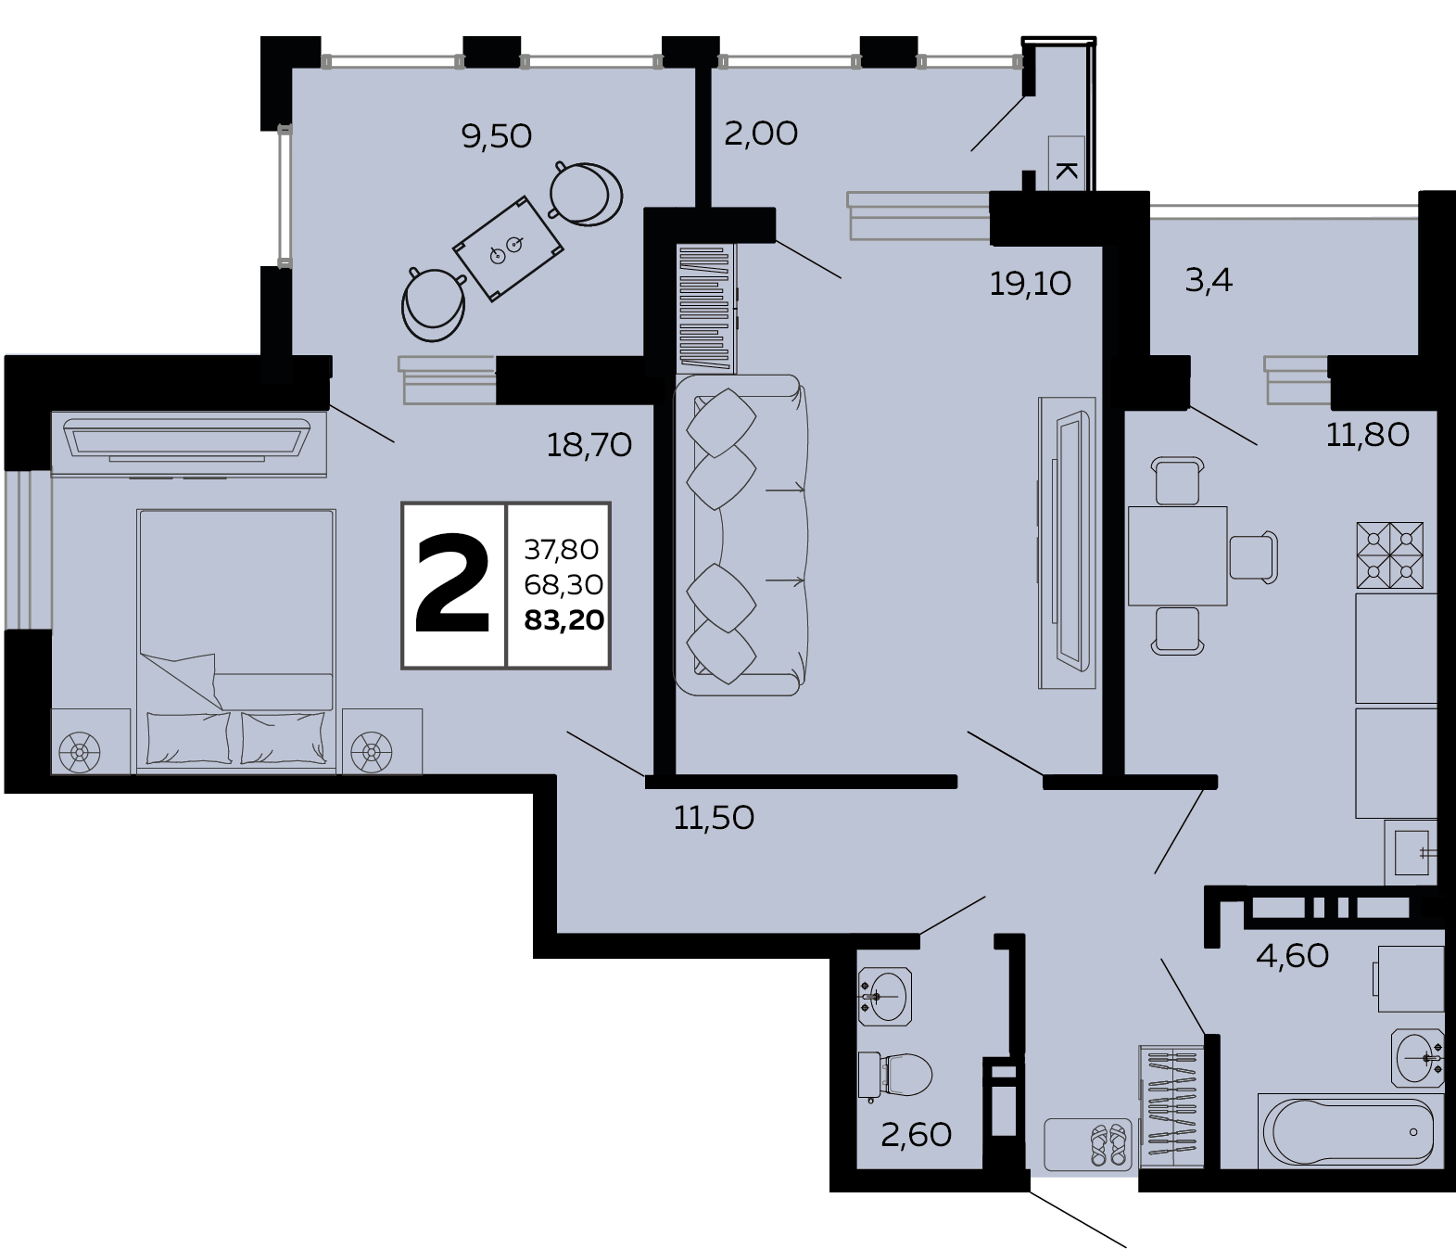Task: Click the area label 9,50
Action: (496, 136)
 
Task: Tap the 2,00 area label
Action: (761, 134)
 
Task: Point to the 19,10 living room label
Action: (1030, 284)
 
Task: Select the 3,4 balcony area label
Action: (1208, 281)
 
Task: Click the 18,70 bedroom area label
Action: (589, 445)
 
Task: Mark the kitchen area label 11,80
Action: (1367, 435)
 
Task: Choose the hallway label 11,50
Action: (714, 818)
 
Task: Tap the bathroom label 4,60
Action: (1293, 956)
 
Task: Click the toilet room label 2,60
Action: (916, 1135)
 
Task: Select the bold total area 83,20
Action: (564, 620)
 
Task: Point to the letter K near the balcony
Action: (1067, 171)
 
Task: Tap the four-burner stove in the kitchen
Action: (1390, 555)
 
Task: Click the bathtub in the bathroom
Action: (1348, 1133)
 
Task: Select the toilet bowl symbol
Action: (895, 1076)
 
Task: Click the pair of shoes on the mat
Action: (1108, 1144)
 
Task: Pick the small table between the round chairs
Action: (508, 249)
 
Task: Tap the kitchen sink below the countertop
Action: (1411, 853)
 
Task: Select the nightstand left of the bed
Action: (91, 742)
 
